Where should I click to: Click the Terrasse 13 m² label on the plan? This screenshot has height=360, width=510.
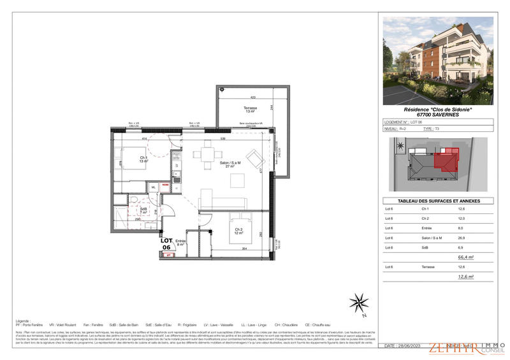[x=240, y=110]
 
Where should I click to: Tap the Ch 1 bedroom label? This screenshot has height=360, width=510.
[x=144, y=159]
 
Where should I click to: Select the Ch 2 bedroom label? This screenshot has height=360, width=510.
[x=238, y=231]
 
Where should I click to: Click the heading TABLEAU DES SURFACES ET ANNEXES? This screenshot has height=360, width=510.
[x=437, y=201]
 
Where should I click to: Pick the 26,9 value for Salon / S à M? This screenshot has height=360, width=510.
[x=462, y=237]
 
